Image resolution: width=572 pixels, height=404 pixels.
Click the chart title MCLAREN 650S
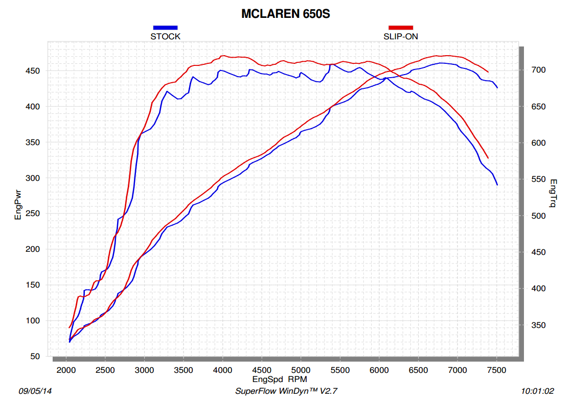[x=286, y=14]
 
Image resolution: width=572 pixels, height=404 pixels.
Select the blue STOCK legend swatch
[x=165, y=27]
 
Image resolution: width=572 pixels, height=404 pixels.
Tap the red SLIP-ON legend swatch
[x=401, y=27]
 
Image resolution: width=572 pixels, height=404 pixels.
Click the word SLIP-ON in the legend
[x=401, y=36]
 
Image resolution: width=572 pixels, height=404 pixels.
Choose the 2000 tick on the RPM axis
[x=66, y=370]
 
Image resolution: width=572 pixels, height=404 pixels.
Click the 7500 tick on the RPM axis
[x=497, y=370]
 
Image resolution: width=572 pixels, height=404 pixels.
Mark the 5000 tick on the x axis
[x=301, y=370]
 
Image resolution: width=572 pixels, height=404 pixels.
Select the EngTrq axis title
[x=553, y=194]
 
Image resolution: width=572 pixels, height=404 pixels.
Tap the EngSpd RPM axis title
[x=280, y=379]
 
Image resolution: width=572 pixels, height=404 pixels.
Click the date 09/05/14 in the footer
[x=35, y=391]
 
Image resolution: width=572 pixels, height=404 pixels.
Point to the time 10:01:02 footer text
[x=537, y=391]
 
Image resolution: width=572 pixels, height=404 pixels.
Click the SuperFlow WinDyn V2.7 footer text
[x=286, y=391]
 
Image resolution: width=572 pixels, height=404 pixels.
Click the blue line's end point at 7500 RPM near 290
[x=497, y=185]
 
